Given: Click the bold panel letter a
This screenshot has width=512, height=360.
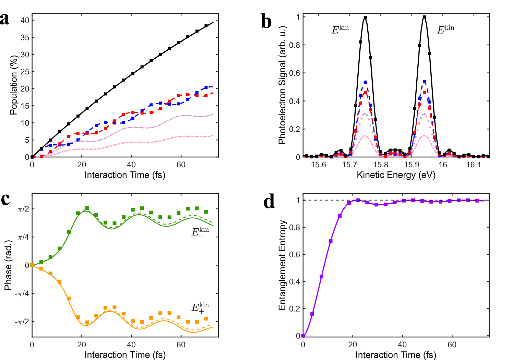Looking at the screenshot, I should click(5, 19).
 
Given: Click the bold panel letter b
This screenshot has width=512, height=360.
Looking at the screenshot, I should click(266, 21).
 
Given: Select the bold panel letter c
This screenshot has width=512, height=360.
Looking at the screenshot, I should click(5, 199).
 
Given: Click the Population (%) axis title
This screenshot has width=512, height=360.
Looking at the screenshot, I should click(13, 85).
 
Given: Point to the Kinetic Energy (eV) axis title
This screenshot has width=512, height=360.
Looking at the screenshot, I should click(396, 175).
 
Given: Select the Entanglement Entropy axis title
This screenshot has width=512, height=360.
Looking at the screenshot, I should click(282, 265).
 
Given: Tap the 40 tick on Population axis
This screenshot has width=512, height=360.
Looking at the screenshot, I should click(25, 20).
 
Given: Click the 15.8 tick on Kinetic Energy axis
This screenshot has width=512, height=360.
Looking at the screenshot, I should click(381, 165).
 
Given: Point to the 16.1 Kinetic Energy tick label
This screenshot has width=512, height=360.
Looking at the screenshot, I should click(474, 165).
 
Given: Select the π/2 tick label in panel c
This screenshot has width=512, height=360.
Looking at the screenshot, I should click(23, 209).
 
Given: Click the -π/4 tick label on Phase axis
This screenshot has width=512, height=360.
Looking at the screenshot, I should click(22, 293).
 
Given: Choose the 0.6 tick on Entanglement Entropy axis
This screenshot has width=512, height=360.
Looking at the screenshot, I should click(294, 254).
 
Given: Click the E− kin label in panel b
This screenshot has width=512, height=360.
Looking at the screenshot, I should click(340, 30).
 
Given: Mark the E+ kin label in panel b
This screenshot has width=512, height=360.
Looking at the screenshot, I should click(445, 30).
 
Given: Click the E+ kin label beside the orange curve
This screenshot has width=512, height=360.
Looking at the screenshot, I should click(200, 308).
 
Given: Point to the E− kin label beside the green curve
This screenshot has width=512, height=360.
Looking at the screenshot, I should click(200, 232).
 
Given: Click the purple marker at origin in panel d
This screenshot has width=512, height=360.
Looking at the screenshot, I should click(303, 336).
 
